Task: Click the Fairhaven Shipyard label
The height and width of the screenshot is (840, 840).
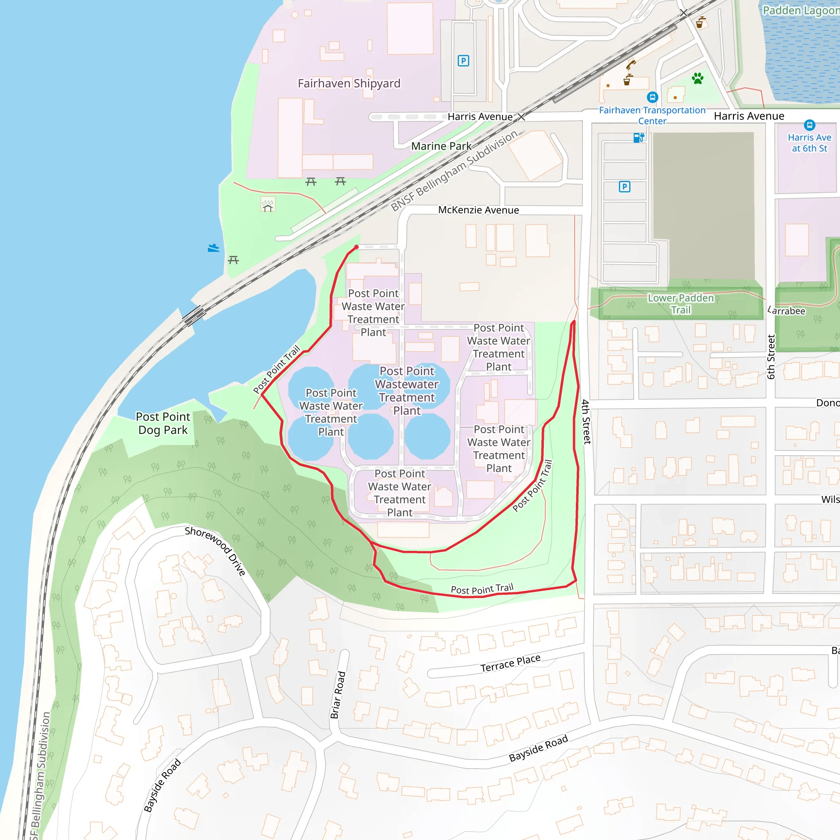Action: point(349,84)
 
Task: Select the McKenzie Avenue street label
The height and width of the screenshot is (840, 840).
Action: point(478,210)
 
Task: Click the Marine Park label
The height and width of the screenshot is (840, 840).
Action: point(441,146)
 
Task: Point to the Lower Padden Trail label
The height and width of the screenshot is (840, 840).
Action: point(680,304)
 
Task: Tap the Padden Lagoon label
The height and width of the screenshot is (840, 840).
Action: point(800,10)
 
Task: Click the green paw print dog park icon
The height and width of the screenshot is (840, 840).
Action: point(697,78)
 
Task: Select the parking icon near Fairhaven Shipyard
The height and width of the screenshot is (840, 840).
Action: point(463,61)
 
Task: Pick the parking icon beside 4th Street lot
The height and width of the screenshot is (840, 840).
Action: point(624,187)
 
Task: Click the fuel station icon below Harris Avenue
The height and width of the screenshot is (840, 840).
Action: point(639,138)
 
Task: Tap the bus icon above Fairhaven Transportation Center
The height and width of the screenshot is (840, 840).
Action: point(652,97)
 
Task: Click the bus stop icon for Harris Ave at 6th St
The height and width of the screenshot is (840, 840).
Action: point(809,125)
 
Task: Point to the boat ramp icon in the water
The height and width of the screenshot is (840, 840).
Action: point(213,248)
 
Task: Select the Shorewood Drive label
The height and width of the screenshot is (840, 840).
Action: point(215,551)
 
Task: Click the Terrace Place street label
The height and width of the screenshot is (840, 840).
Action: point(510,664)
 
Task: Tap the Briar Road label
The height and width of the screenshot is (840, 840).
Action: point(338,695)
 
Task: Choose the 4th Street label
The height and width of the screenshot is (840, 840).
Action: point(587,421)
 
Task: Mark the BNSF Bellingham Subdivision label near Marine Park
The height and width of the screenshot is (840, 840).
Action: point(454,171)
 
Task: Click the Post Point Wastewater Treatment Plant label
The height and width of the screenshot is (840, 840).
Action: point(406,391)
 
